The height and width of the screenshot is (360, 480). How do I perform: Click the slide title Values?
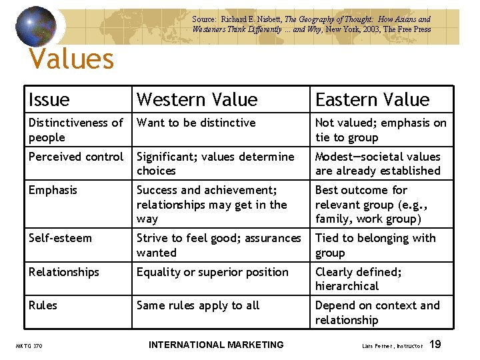(x=72, y=59)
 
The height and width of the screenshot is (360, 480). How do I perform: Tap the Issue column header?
(x=49, y=100)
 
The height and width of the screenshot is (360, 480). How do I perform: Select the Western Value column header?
(x=197, y=100)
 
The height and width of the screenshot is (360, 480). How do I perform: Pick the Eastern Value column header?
(x=372, y=100)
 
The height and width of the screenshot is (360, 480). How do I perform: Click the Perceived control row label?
(x=76, y=157)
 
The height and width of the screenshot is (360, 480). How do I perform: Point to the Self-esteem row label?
(x=60, y=238)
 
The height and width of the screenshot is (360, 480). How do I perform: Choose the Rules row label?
(x=43, y=305)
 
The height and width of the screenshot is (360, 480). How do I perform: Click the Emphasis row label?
(x=53, y=190)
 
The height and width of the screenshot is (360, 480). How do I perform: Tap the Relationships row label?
(x=64, y=272)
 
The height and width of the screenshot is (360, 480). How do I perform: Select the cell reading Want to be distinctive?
(x=196, y=123)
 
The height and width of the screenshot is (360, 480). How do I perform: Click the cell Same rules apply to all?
(x=198, y=305)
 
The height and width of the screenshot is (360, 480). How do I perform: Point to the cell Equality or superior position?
(x=213, y=272)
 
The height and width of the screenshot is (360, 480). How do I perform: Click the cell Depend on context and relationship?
(x=377, y=313)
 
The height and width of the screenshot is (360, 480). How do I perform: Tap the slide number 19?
(x=435, y=345)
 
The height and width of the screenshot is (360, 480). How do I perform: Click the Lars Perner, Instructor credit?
(x=391, y=346)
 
